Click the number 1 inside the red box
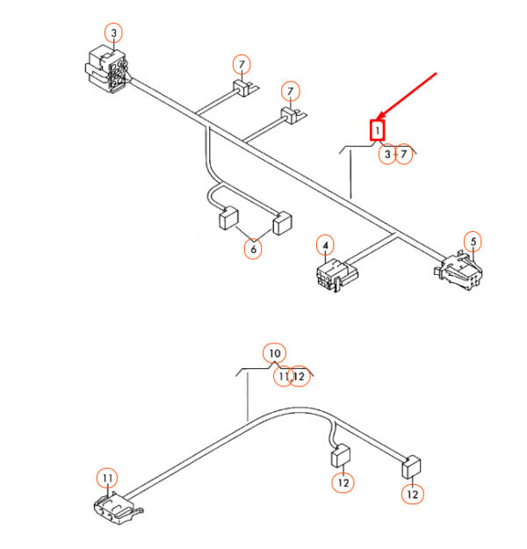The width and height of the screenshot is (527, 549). [377, 131]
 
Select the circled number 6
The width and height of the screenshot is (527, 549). [253, 249]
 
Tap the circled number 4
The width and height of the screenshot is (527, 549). [325, 245]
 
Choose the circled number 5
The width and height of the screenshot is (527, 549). [473, 242]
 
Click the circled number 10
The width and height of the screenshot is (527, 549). [275, 354]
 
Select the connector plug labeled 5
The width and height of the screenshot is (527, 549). [458, 270]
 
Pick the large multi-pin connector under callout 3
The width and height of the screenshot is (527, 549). [107, 71]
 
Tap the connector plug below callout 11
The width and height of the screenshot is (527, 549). [118, 509]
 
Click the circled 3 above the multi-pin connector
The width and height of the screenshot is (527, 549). [114, 33]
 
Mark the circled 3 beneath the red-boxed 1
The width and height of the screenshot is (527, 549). [387, 154]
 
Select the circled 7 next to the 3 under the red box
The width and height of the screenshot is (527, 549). [404, 154]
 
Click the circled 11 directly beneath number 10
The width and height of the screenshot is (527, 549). [282, 376]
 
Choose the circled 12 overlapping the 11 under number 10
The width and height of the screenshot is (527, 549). [300, 376]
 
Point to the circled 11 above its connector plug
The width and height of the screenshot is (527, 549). [107, 478]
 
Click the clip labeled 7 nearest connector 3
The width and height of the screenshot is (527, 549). [245, 88]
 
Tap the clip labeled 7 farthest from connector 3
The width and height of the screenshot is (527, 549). [293, 115]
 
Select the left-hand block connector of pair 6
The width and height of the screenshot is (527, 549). [228, 219]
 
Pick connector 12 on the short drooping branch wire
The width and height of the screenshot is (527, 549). [341, 456]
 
